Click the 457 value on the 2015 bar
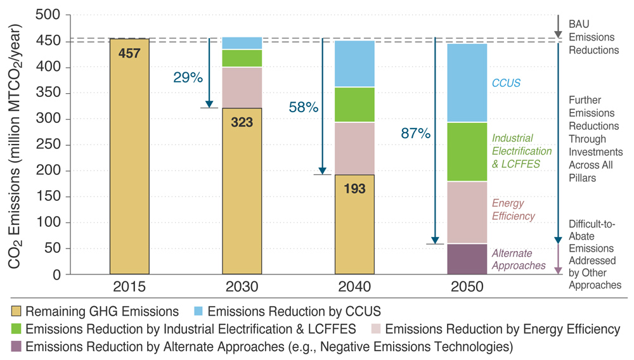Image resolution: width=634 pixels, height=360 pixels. pyautogui.click(x=129, y=54)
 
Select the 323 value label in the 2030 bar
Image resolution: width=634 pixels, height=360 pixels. pyautogui.click(x=242, y=122)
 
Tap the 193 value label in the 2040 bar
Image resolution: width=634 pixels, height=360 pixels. pyautogui.click(x=354, y=188)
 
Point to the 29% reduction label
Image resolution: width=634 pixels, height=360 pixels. pyautogui.click(x=188, y=78)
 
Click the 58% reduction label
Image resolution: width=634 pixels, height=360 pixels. pyautogui.click(x=303, y=107)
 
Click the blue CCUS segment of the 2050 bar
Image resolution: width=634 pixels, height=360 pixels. pyautogui.click(x=467, y=82)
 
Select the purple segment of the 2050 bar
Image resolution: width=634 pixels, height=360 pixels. pyautogui.click(x=467, y=259)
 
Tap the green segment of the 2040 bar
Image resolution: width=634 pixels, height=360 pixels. pyautogui.click(x=354, y=105)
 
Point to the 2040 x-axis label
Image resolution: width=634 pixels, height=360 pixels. pyautogui.click(x=354, y=287)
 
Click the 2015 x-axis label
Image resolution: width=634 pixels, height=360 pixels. pyautogui.click(x=129, y=287)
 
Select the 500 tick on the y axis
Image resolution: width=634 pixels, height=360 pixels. pyautogui.click(x=52, y=15)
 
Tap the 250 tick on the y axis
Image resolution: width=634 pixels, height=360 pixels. pyautogui.click(x=52, y=145)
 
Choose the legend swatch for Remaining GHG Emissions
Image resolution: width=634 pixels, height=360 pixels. pyautogui.click(x=16, y=311)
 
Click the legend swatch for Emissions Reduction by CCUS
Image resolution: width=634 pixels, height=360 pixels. pyautogui.click(x=197, y=311)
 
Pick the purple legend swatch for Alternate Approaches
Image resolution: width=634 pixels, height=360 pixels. pyautogui.click(x=16, y=347)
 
